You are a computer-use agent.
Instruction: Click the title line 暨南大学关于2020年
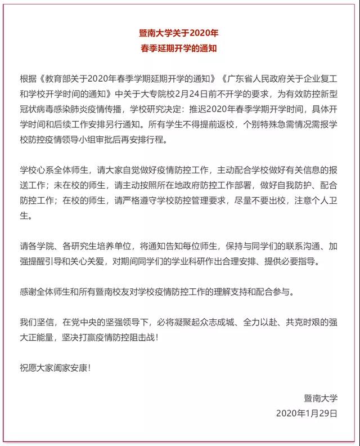pyautogui.click(x=179, y=34)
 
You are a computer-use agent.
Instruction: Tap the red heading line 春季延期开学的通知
pyautogui.click(x=179, y=49)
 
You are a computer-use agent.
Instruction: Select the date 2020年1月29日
pyautogui.click(x=307, y=413)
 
